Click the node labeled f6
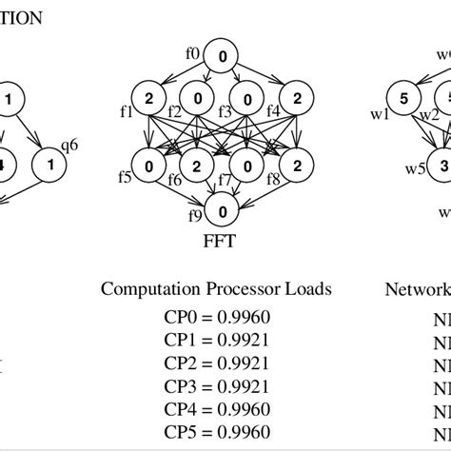(197, 167)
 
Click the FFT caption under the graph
(221, 242)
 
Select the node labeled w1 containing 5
(403, 100)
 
